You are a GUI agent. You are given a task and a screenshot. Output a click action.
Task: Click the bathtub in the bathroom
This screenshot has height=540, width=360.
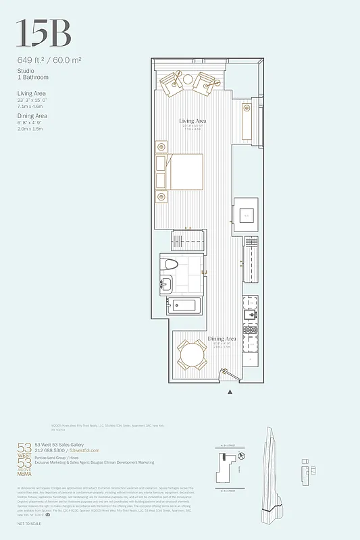(184, 305)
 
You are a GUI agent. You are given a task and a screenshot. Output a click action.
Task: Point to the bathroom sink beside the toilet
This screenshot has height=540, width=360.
(165, 284)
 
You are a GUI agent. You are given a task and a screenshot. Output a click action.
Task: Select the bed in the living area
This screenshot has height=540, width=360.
(183, 171)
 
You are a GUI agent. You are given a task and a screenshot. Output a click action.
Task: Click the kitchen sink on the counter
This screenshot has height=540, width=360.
(251, 315)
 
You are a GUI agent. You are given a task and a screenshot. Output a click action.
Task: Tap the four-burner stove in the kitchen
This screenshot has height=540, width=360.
(251, 331)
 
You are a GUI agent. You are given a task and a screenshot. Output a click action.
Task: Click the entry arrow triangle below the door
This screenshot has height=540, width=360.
(231, 391)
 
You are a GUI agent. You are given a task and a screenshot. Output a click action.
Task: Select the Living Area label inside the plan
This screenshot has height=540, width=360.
(191, 122)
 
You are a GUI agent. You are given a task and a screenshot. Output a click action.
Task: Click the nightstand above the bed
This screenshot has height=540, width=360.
(161, 146)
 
